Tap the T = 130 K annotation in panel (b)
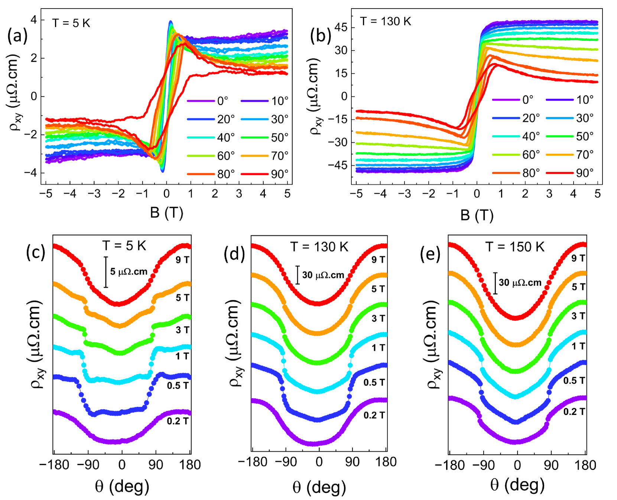[x=385, y=22]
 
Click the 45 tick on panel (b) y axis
[x=341, y=27]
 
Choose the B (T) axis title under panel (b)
[x=477, y=215]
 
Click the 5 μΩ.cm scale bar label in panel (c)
[x=129, y=272]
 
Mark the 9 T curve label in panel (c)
[x=182, y=260]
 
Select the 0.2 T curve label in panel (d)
[x=374, y=415]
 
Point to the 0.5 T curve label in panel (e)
[x=574, y=380]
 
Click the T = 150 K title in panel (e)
[x=515, y=247]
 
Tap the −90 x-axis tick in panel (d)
[x=286, y=462]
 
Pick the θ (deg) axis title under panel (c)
[x=122, y=486]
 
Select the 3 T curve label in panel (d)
[x=378, y=318]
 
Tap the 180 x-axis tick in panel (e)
[x=586, y=465]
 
